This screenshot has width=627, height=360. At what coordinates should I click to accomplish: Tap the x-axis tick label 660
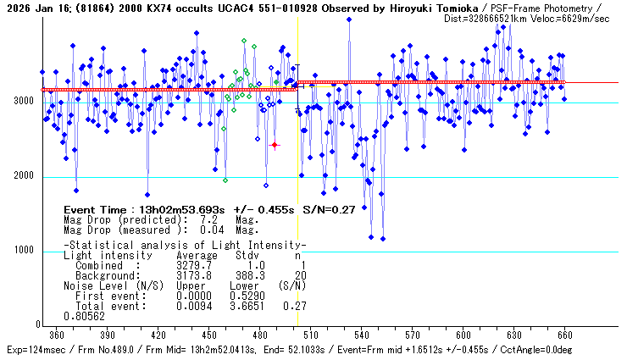pos(564,334)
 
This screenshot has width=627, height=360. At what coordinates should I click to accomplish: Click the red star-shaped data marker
pos(275,146)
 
